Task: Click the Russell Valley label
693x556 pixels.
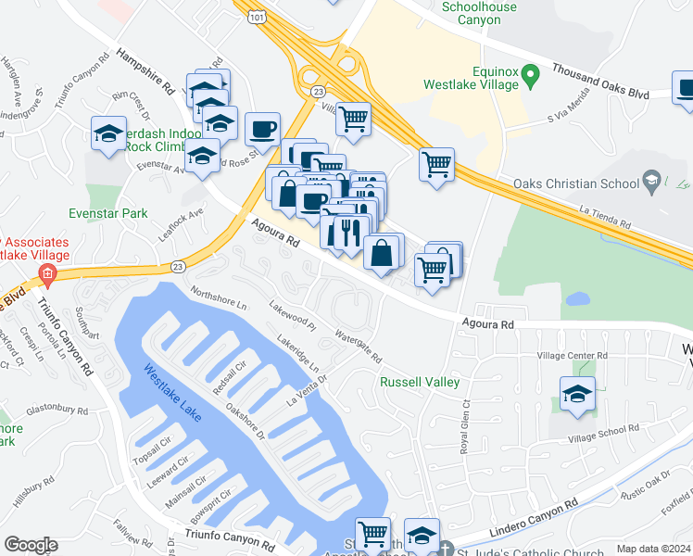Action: point(420,382)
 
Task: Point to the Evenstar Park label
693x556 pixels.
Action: point(107,213)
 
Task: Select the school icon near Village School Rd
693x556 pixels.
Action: point(578,394)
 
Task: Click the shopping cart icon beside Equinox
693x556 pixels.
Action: point(436,165)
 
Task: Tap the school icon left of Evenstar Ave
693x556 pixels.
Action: point(109,134)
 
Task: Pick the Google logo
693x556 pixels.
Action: point(31,545)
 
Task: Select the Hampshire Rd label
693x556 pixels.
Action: point(146,72)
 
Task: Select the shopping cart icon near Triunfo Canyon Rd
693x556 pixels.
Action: point(372,534)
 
